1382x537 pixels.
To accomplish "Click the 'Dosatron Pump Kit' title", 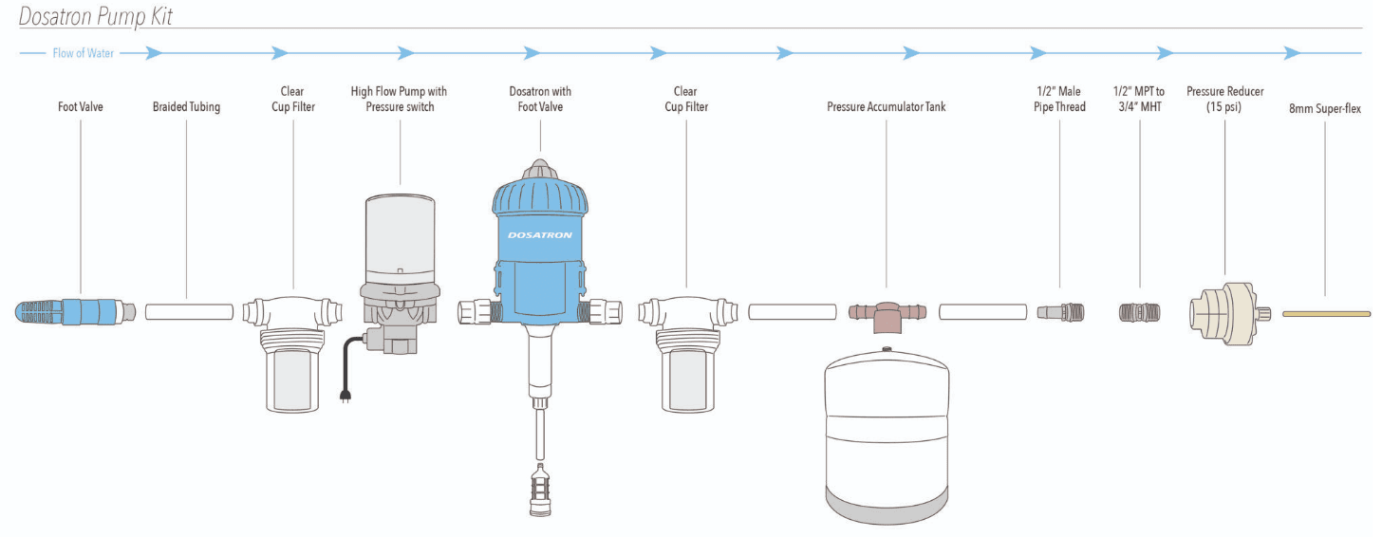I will pyautogui.click(x=96, y=16).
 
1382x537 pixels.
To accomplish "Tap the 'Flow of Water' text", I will pyautogui.click(x=84, y=53).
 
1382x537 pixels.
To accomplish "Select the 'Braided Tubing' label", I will pyautogui.click(x=186, y=107).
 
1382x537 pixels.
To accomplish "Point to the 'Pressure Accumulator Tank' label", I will pyautogui.click(x=886, y=107).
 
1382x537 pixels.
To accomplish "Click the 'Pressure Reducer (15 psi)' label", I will pyautogui.click(x=1224, y=99).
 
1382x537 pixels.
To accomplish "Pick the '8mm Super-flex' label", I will pyautogui.click(x=1324, y=109).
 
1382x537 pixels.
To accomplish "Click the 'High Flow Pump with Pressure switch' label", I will pyautogui.click(x=399, y=99).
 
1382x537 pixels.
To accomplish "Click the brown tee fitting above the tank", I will pyautogui.click(x=887, y=312).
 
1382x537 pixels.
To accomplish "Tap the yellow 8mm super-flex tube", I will pyautogui.click(x=1326, y=313).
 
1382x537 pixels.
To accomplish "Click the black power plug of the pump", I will pyautogui.click(x=345, y=395).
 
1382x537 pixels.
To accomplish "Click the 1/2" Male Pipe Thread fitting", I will pyautogui.click(x=1059, y=311).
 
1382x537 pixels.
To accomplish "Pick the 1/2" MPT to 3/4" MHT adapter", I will pyautogui.click(x=1139, y=311).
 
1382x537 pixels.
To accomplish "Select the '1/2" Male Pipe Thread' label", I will pyautogui.click(x=1058, y=99).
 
